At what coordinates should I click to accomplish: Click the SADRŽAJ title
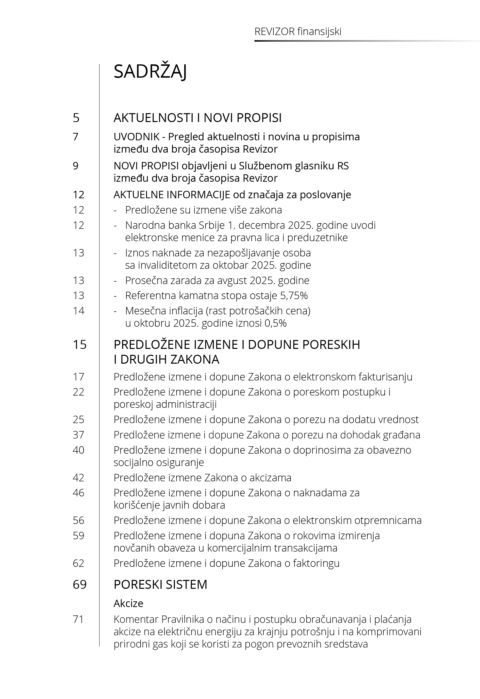pyautogui.click(x=150, y=72)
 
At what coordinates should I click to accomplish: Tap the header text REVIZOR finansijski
pyautogui.click(x=298, y=32)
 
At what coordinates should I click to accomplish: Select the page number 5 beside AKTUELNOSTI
pyautogui.click(x=76, y=118)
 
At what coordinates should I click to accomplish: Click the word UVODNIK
pyautogui.click(x=136, y=137)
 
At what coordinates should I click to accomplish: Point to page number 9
pyautogui.click(x=76, y=166)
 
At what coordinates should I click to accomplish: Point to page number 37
pyautogui.click(x=79, y=435)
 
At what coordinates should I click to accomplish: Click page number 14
pyautogui.click(x=79, y=311)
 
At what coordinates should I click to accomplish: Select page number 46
pyautogui.click(x=79, y=493)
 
